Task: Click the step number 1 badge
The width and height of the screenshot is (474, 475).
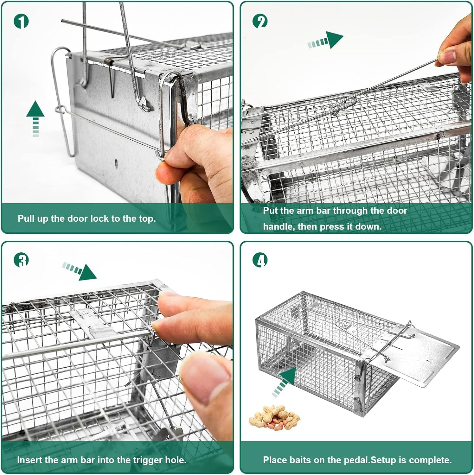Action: click(21, 21)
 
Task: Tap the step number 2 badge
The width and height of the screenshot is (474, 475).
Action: click(260, 21)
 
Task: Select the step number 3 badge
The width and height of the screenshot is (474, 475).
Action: click(21, 260)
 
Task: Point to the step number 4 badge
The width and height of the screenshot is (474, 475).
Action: click(260, 260)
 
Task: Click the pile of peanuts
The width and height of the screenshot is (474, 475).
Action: click(274, 418)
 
